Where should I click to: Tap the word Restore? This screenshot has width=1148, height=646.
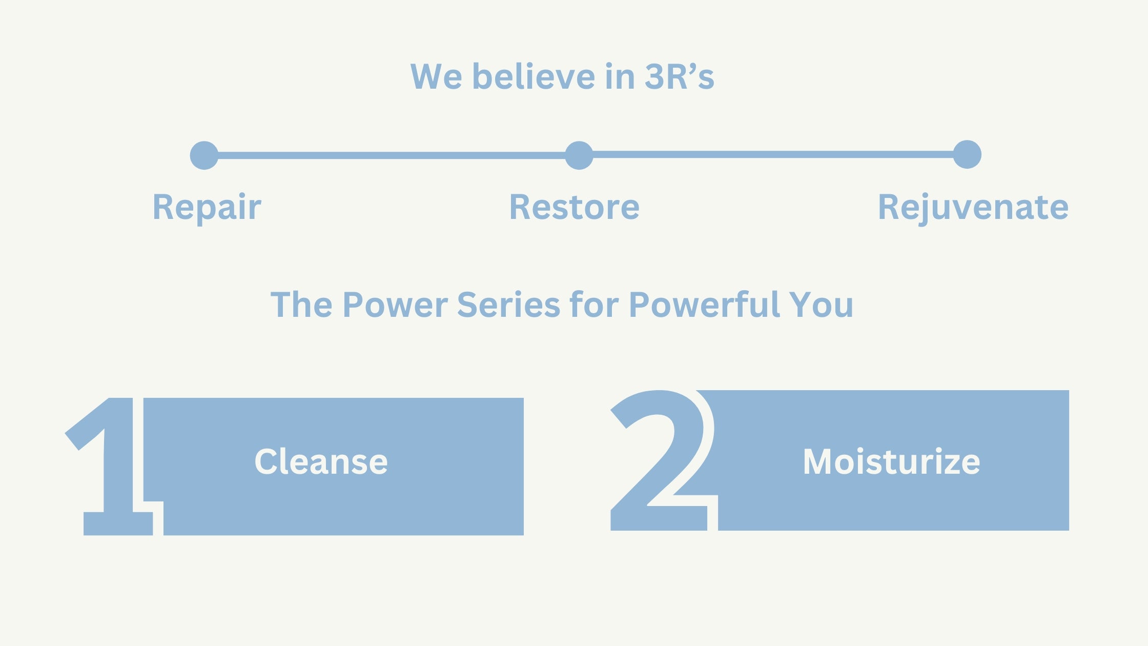[x=574, y=207]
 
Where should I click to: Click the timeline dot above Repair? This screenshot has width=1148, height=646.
[x=204, y=155]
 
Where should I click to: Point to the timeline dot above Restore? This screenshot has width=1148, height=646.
[x=579, y=155]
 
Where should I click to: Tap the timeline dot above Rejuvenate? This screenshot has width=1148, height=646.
[x=967, y=154]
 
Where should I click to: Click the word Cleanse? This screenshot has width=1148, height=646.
[x=321, y=461]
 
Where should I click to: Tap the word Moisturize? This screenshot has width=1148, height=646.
[x=891, y=461]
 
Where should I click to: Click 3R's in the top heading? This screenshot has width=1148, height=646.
[x=679, y=77]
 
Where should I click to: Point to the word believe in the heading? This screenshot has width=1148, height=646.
[x=534, y=77]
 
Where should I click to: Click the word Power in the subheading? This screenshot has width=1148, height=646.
[x=395, y=305]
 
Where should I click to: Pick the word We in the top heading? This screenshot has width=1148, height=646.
[x=436, y=77]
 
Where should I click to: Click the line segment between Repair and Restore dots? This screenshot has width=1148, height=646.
[x=392, y=155]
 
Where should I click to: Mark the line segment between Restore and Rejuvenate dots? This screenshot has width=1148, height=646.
[x=773, y=154]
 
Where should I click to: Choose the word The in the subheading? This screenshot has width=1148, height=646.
[x=301, y=305]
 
